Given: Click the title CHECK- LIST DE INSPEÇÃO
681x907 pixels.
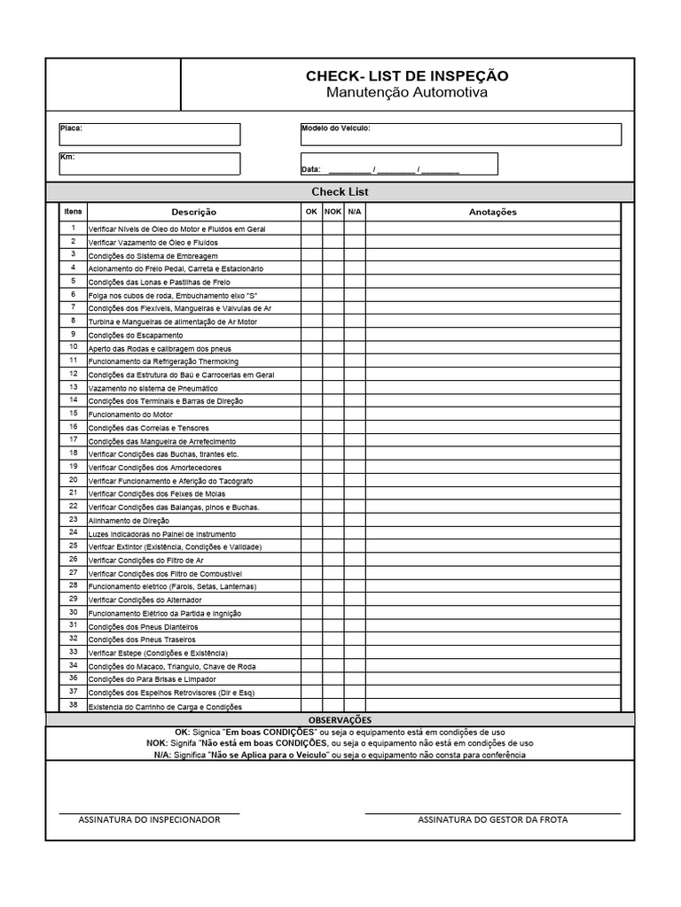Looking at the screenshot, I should pos(407,76).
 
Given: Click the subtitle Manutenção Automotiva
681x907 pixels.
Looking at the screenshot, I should pos(407,93).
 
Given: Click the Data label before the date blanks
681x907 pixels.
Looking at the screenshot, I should pos(311,169).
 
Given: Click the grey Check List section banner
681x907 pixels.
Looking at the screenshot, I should pos(340,191).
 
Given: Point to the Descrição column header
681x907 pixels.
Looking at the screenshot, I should pos(193,212).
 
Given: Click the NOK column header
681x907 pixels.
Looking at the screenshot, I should pos(333,212).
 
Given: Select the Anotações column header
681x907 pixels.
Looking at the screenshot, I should pos(492,212).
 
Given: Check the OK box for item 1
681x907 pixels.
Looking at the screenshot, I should pos(311,229).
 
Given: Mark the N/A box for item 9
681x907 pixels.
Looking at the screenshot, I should pos(355,335).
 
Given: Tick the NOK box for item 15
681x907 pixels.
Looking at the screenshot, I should pos(333,415).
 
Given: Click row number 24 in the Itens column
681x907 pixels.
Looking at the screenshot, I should pos(73,533).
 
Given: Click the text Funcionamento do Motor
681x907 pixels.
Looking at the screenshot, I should pos(130,415).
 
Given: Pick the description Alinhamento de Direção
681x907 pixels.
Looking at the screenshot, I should pos(129,521).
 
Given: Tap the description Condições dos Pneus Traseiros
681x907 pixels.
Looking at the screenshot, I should pos(142,640).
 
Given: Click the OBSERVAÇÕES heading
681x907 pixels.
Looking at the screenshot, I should pos(340,720).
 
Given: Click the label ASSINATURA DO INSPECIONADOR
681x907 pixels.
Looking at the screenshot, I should pos(149,819).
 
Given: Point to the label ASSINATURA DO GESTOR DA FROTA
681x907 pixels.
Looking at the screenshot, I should pos(493,819).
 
